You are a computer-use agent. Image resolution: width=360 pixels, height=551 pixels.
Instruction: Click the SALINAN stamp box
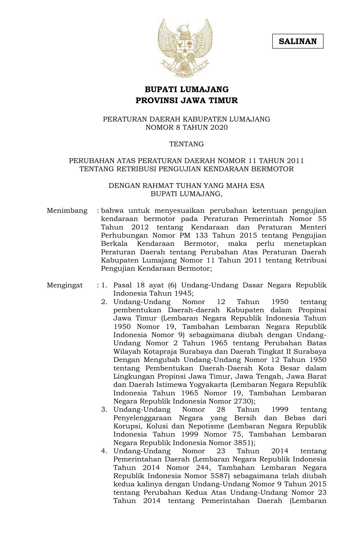[298, 42]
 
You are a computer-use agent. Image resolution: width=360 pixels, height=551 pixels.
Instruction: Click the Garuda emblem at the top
[185, 48]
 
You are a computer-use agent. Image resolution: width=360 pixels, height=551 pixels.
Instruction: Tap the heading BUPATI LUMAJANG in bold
[187, 90]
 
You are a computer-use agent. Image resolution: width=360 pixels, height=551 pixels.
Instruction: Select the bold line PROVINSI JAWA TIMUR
[187, 100]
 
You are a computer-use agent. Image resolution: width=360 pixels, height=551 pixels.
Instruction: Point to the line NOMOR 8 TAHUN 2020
[186, 127]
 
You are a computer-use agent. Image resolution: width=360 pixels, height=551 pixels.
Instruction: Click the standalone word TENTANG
[186, 144]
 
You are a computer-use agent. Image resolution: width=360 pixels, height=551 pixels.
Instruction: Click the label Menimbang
[67, 211]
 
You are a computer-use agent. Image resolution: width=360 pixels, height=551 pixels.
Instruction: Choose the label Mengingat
[65, 285]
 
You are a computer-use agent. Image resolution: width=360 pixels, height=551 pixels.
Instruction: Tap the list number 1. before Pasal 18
[104, 285]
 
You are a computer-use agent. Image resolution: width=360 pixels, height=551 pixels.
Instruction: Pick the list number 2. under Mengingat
[104, 302]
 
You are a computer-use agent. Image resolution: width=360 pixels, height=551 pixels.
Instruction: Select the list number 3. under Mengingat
[104, 409]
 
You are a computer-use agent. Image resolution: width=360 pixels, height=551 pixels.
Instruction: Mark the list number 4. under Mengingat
[104, 451]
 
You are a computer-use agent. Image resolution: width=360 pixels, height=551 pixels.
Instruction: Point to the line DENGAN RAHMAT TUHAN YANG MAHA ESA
[186, 186]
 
